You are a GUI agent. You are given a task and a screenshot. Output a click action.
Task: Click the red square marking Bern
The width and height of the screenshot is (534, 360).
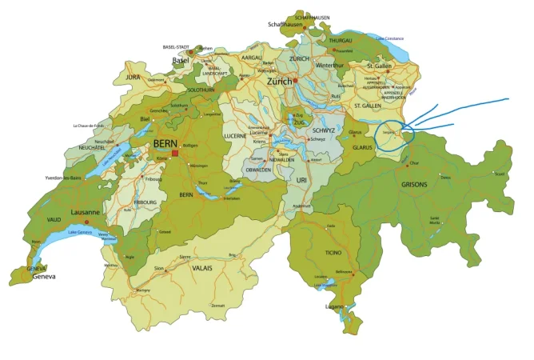(174, 153)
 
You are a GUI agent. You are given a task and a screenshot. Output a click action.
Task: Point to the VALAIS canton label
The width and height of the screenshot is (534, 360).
(202, 270)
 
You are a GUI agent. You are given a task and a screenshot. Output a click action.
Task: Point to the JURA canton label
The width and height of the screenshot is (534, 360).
(133, 76)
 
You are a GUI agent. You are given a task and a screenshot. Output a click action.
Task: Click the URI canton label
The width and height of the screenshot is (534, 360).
(301, 181)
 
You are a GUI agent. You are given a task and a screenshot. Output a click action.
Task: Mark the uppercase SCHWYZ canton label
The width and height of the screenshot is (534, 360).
(324, 130)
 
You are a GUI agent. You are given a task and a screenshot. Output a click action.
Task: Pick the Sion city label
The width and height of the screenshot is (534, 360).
(158, 268)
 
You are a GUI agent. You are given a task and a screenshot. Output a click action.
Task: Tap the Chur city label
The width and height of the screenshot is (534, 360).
(413, 163)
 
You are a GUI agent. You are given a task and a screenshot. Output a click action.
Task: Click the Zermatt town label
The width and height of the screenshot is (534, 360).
(217, 306)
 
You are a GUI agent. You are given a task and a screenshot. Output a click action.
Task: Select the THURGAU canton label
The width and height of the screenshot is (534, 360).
(341, 40)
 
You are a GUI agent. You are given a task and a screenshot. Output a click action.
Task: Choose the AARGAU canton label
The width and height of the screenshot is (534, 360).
(251, 58)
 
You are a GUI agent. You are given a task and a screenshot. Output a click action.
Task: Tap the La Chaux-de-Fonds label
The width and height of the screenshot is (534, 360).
(89, 126)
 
